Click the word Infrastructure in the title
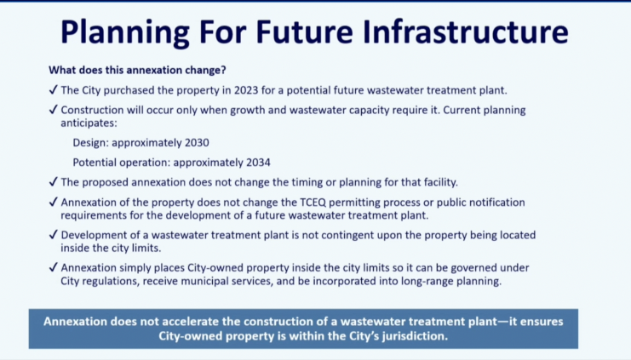pyautogui.click(x=465, y=31)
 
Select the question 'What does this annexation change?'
pyautogui.click(x=137, y=70)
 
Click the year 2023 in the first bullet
pyautogui.click(x=246, y=90)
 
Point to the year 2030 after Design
pyautogui.click(x=197, y=143)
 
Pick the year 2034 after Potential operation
pyautogui.click(x=258, y=163)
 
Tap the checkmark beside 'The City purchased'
pyautogui.click(x=53, y=89)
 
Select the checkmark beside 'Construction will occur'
pyautogui.click(x=53, y=110)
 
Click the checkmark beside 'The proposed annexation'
pyautogui.click(x=53, y=182)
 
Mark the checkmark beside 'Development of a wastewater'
pyautogui.click(x=53, y=235)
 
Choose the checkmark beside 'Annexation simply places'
pyautogui.click(x=53, y=267)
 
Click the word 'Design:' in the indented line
pyautogui.click(x=90, y=143)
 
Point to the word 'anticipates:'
pyautogui.click(x=89, y=123)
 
